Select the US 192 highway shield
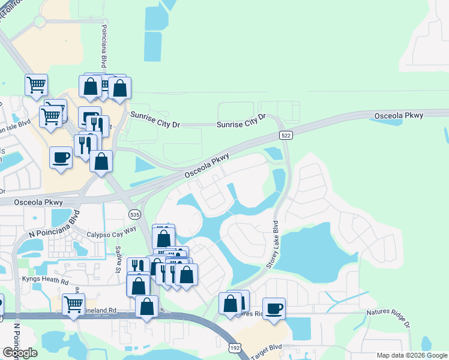(x=235, y=347)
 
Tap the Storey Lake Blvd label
(x=273, y=245)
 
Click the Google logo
(x=20, y=353)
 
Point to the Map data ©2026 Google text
(x=411, y=355)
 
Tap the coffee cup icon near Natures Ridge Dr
(x=274, y=308)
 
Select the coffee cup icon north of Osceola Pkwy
(x=61, y=157)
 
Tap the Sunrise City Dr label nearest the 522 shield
(x=241, y=122)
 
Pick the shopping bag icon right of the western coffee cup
(x=101, y=161)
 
